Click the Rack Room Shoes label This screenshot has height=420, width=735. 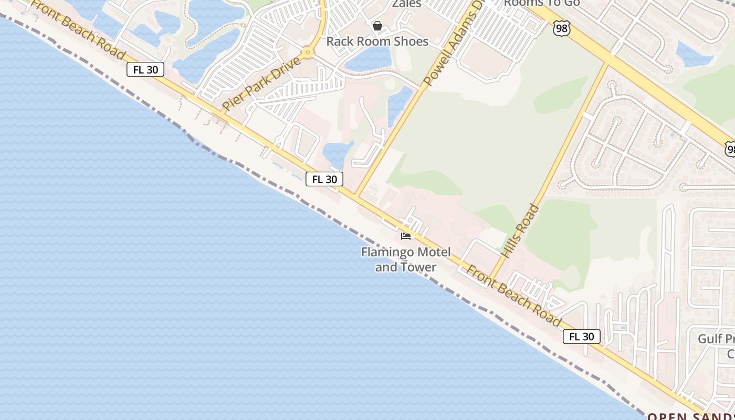pyautogui.click(x=377, y=41)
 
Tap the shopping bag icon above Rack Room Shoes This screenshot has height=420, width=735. pyautogui.click(x=377, y=26)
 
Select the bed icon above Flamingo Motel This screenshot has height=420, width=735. pyautogui.click(x=406, y=236)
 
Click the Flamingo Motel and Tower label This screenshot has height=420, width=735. pyautogui.click(x=405, y=259)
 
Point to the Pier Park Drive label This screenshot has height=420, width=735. pyautogui.click(x=261, y=83)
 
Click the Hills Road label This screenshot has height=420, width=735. pyautogui.click(x=520, y=230)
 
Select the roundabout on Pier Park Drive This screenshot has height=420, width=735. pyautogui.click(x=308, y=52)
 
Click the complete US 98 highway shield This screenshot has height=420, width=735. pyautogui.click(x=561, y=28)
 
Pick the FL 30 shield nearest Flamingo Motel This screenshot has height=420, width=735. pyautogui.click(x=324, y=179)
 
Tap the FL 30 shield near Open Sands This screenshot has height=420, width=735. pyautogui.click(x=581, y=337)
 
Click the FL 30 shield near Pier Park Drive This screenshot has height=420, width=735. pyautogui.click(x=145, y=69)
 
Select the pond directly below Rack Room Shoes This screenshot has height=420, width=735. pyautogui.click(x=368, y=59)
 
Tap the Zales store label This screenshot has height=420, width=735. pyautogui.click(x=407, y=4)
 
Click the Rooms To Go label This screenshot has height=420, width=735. pyautogui.click(x=541, y=3)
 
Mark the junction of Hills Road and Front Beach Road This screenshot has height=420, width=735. pyautogui.click(x=491, y=278)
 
